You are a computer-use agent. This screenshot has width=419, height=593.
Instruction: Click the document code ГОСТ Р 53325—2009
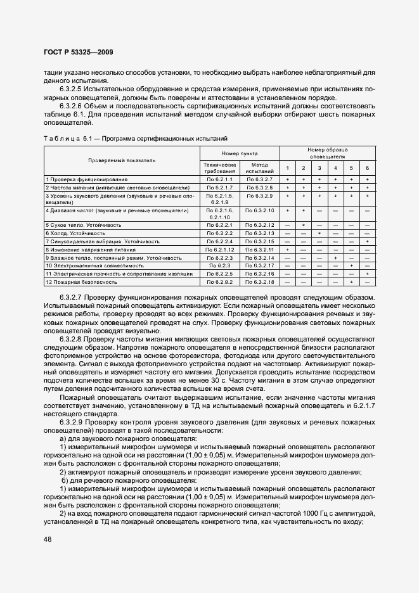click(x=79, y=52)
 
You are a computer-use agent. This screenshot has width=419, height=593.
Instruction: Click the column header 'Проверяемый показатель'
click(x=122, y=161)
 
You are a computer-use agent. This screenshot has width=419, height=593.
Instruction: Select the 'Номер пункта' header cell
click(x=239, y=154)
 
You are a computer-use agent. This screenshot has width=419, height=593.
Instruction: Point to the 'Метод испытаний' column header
click(x=259, y=167)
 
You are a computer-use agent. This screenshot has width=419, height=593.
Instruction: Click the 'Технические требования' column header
click(x=219, y=167)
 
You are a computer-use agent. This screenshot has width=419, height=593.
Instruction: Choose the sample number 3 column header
click(x=319, y=167)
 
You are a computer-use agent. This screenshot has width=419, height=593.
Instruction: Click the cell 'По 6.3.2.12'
click(x=259, y=225)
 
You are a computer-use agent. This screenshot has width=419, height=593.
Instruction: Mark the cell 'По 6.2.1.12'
click(x=219, y=250)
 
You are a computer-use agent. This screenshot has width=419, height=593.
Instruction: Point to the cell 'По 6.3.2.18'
click(x=259, y=281)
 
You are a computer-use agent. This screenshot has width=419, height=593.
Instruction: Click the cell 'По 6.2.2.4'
click(x=219, y=241)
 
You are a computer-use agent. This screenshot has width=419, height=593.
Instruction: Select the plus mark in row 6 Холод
click(x=319, y=233)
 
